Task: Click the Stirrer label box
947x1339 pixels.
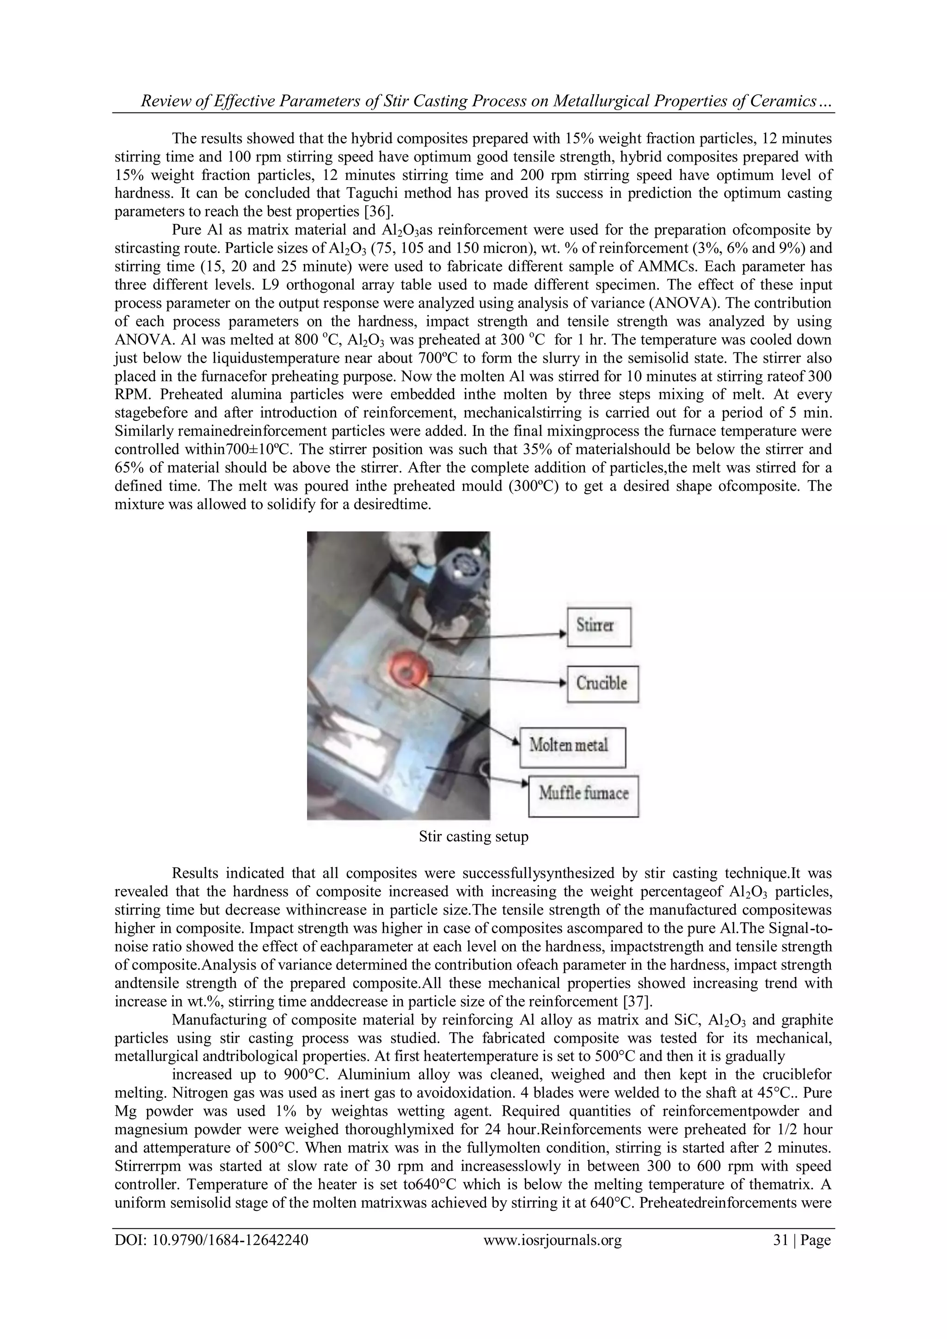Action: tap(599, 626)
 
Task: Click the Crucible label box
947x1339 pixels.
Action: tap(603, 684)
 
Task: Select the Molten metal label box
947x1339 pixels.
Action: tap(572, 747)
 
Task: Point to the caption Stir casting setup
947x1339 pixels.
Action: tap(473, 837)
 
